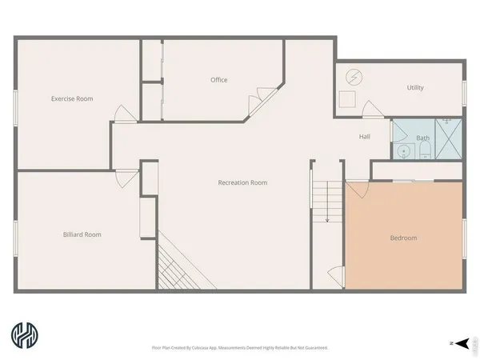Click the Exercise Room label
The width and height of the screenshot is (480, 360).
pyautogui.click(x=72, y=99)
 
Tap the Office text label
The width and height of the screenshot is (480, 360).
pyautogui.click(x=219, y=80)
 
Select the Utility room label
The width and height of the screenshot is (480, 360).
pyautogui.click(x=415, y=88)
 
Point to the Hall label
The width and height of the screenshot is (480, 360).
pyautogui.click(x=364, y=137)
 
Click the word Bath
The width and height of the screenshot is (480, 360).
pyautogui.click(x=422, y=138)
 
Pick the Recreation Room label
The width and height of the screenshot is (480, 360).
pyautogui.click(x=242, y=182)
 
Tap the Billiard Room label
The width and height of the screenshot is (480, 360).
pyautogui.click(x=82, y=234)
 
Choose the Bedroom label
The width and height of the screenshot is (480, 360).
pyautogui.click(x=403, y=238)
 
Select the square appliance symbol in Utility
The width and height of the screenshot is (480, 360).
pyautogui.click(x=348, y=99)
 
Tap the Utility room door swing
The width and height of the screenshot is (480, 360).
pyautogui.click(x=370, y=111)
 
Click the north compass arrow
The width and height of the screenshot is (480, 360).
pyautogui.click(x=453, y=342)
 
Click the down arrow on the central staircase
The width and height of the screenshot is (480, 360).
pyautogui.click(x=326, y=218)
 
